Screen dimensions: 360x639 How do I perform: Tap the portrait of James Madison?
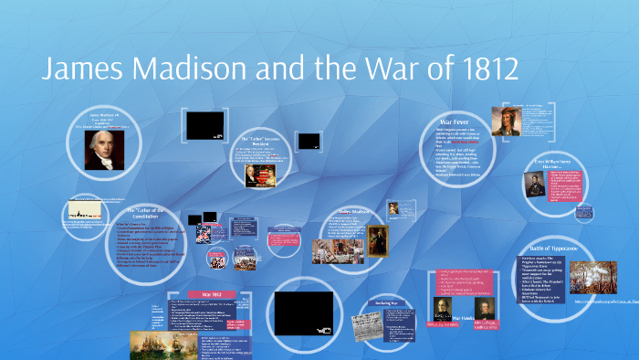(x=104, y=150)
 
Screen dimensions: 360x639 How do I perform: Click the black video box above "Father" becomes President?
(x=204, y=124)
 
